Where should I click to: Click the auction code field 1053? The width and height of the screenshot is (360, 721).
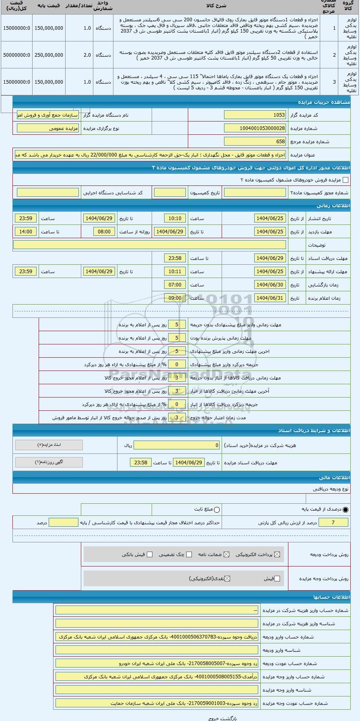(x=255, y=115)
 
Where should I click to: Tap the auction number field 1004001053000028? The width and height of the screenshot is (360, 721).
(x=255, y=128)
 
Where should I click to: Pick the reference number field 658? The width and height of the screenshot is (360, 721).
(x=255, y=142)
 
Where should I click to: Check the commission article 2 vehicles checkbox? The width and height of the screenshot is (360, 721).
(x=345, y=180)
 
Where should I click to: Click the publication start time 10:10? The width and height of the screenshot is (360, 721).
(x=175, y=218)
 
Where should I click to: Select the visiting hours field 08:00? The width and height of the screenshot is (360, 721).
(x=104, y=232)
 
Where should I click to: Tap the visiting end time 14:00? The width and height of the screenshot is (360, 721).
(x=26, y=232)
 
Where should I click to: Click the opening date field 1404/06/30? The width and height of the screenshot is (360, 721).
(x=270, y=285)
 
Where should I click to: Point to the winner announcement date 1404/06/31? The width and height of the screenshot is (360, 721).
(x=270, y=298)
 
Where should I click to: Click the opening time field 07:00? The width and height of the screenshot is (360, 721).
(x=175, y=285)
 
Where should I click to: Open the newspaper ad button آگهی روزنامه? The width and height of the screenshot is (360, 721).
(x=49, y=462)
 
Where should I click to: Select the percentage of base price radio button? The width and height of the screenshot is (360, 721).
(x=346, y=510)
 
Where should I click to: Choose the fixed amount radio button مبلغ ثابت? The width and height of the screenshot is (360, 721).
(x=217, y=510)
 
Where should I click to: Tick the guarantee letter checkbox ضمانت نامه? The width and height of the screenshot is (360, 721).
(x=226, y=554)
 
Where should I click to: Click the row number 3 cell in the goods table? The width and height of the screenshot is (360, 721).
(x=334, y=82)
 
